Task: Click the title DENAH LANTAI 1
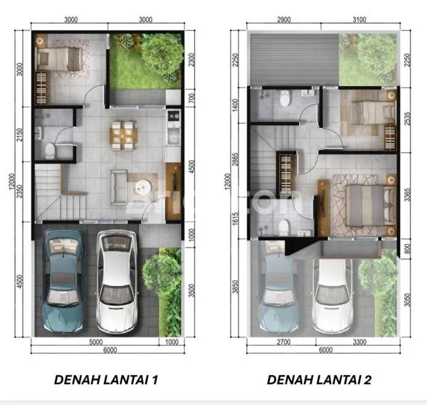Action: [x=106, y=379]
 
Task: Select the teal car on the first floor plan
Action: [x=63, y=281]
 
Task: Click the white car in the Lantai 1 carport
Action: [x=116, y=281]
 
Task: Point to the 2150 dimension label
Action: [x=22, y=135]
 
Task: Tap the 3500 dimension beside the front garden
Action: [x=191, y=291]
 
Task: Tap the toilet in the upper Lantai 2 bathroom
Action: [x=285, y=99]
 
